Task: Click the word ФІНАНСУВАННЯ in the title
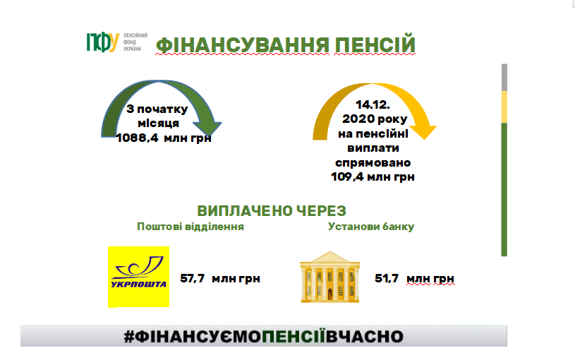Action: (x=243, y=45)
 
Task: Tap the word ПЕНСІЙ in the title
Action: (x=375, y=44)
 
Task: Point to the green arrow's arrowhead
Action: (x=207, y=128)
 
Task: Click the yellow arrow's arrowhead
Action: (x=424, y=132)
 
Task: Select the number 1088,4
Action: (x=137, y=138)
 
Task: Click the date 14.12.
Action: (x=373, y=105)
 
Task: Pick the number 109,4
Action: (x=347, y=177)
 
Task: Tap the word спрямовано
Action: (x=373, y=162)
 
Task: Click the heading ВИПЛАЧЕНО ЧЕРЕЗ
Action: (x=272, y=211)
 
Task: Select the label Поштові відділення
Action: (x=190, y=227)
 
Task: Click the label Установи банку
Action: (x=371, y=227)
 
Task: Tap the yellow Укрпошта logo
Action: (x=138, y=277)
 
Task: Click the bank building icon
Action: (x=330, y=277)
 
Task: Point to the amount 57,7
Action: (x=192, y=279)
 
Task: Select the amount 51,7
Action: (x=387, y=279)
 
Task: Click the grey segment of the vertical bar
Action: (x=504, y=78)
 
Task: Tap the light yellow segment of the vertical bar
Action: (x=504, y=107)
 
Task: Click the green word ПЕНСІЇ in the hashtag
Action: (x=293, y=336)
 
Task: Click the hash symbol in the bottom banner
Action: (x=129, y=337)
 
